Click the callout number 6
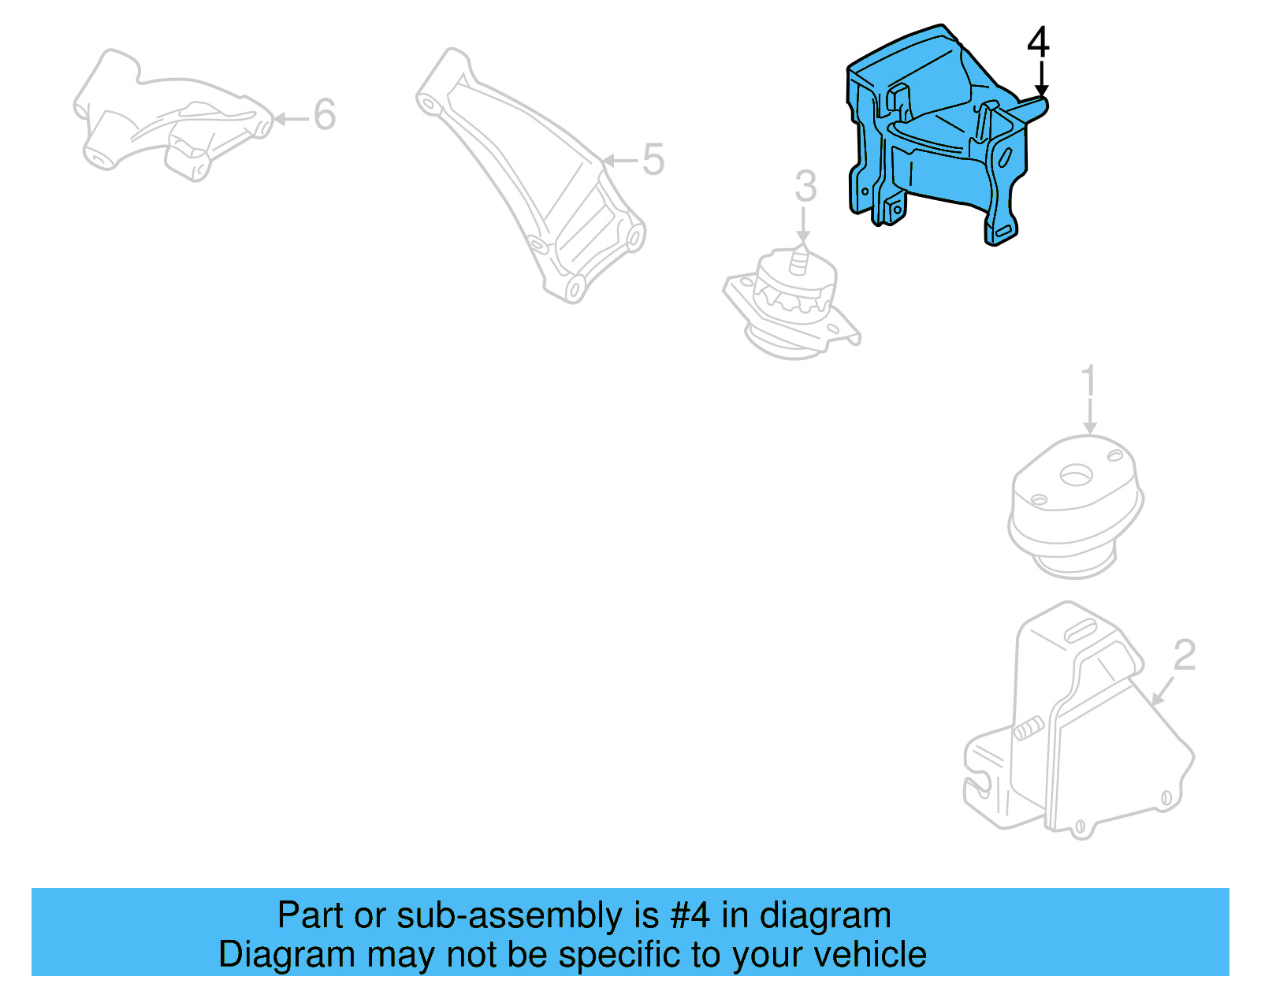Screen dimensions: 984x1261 point(325,115)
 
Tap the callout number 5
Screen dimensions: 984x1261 point(653,160)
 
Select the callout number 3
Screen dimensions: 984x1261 point(805,187)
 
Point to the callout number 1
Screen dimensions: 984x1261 point(1088,381)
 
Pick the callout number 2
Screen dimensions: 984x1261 point(1185,655)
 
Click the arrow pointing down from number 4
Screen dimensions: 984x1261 point(1041,80)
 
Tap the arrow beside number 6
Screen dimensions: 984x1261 point(291,119)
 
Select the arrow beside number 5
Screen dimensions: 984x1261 point(620,161)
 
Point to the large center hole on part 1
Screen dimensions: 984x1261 point(1075,475)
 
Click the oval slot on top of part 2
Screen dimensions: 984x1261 point(1081,630)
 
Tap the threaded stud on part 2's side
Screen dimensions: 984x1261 point(1028,730)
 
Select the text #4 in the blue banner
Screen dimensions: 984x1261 point(690,915)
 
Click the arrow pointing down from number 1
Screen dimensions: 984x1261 point(1089,416)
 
